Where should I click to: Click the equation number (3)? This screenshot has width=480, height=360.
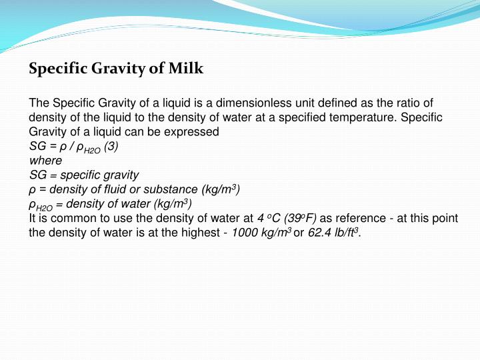tap(111, 147)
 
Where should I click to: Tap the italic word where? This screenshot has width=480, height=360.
tap(45, 161)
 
